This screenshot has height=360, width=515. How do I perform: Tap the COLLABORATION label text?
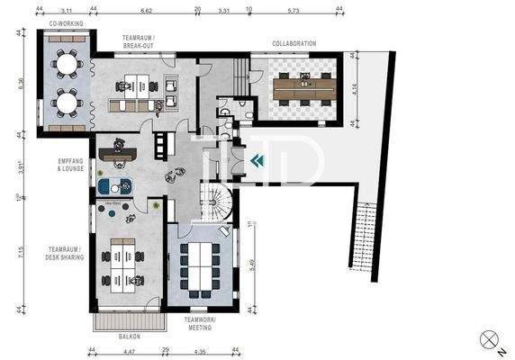(294, 43)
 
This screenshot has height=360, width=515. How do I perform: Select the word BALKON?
(129, 337)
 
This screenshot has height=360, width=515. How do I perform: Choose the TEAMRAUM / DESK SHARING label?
(66, 253)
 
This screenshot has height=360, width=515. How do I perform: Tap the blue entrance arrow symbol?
(257, 160)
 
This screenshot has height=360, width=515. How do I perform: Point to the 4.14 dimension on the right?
(358, 89)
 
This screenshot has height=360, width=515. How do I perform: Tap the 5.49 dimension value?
(249, 265)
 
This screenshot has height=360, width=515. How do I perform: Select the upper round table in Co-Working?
(65, 64)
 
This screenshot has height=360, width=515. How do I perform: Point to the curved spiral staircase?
(216, 206)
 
